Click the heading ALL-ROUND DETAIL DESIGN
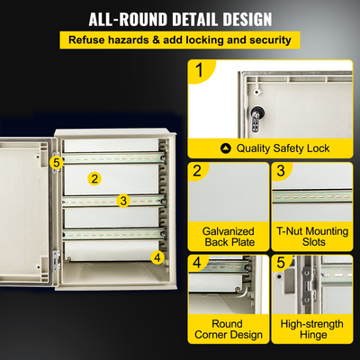click(180, 19)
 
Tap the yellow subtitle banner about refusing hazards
click(179, 40)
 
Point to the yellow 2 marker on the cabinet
click(94, 178)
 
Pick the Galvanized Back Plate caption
click(229, 237)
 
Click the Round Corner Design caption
click(229, 328)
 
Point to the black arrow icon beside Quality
click(225, 148)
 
